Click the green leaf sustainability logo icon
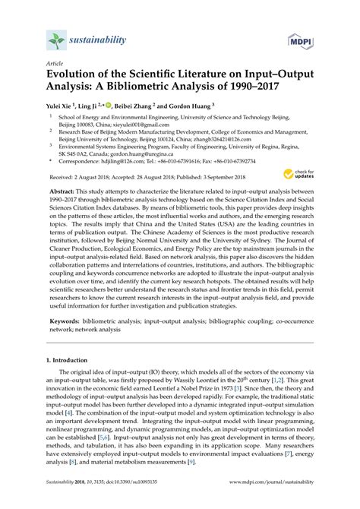(x=55, y=40)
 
